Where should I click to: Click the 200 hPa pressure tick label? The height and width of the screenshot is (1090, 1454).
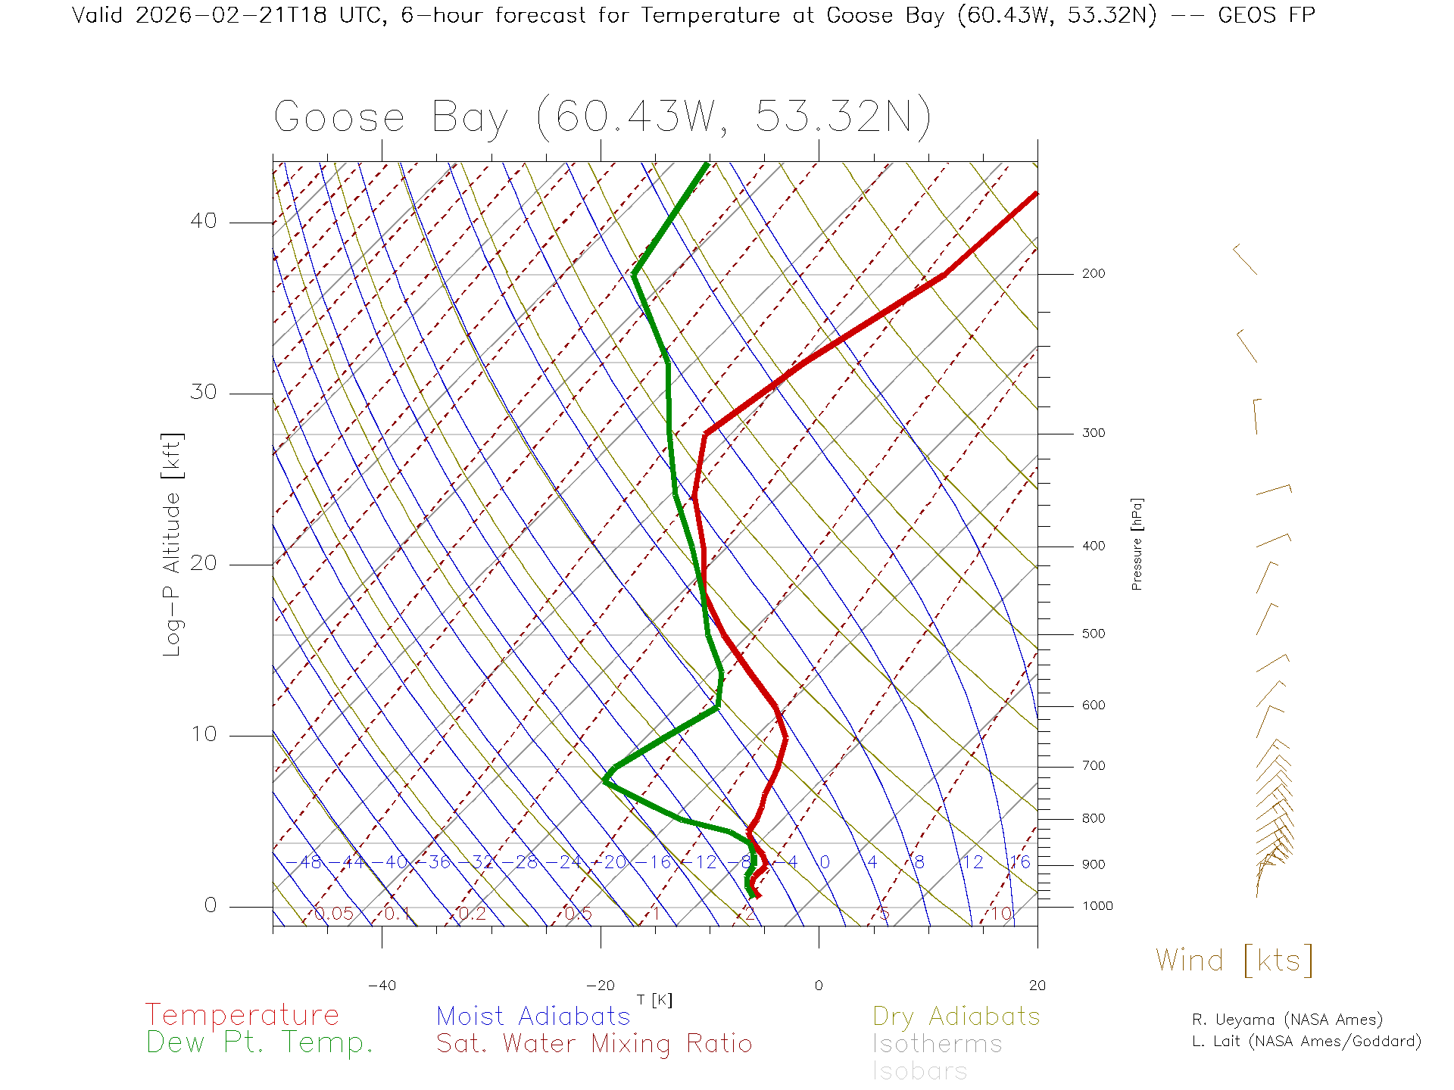tap(1094, 273)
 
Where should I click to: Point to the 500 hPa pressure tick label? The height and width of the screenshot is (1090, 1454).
tap(1094, 634)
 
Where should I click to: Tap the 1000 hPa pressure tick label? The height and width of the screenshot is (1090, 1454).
tap(1097, 906)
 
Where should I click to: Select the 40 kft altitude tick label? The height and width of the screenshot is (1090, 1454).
tap(204, 221)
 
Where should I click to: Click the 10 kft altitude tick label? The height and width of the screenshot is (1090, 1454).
tap(204, 734)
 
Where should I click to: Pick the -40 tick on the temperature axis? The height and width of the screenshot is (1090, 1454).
tap(382, 986)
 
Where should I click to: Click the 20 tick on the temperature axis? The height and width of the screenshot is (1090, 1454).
tap(1037, 986)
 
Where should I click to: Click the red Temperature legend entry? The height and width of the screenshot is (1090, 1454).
tap(242, 1015)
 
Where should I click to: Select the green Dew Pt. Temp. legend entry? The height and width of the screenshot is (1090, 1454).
tap(260, 1043)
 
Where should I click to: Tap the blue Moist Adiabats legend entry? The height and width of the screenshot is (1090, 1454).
tap(533, 1017)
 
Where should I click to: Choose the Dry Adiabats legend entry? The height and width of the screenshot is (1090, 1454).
tap(956, 1017)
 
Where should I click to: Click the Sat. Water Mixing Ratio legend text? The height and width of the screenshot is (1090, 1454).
tap(594, 1044)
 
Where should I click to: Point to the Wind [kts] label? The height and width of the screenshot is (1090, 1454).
tap(1234, 961)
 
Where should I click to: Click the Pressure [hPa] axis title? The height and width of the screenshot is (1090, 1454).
tap(1137, 543)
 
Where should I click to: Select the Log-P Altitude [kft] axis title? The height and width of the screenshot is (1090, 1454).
tap(173, 545)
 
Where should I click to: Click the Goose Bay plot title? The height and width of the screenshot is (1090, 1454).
tap(602, 117)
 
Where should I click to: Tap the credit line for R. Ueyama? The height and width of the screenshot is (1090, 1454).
tap(1287, 1020)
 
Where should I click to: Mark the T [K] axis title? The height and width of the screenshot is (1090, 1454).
tap(654, 1000)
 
